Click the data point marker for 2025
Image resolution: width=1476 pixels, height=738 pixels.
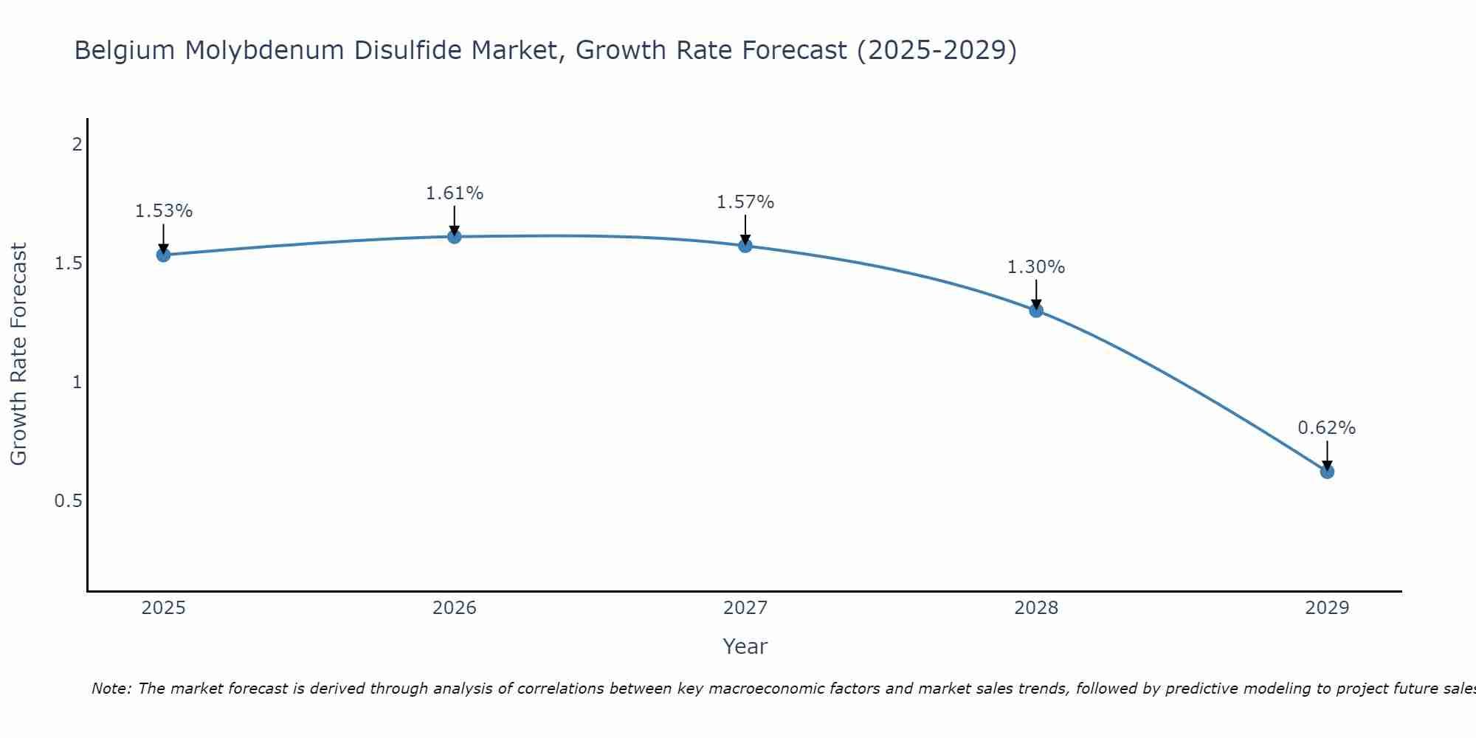163,255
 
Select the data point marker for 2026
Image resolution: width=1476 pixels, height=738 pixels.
455,236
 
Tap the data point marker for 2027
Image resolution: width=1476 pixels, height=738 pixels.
745,245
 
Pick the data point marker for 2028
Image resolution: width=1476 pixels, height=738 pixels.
1036,310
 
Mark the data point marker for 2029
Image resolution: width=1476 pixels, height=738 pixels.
1327,471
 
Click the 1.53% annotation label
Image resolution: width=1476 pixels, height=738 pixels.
163,211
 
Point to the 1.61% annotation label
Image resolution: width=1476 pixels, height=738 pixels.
455,193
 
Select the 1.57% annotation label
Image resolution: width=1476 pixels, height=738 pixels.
745,202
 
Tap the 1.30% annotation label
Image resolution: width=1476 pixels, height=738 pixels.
1036,267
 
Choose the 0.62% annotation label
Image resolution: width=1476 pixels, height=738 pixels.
1327,428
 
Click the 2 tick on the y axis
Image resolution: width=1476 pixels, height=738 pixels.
77,145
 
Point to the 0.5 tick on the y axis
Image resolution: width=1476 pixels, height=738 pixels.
68,501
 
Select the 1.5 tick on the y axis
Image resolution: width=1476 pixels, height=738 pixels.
68,263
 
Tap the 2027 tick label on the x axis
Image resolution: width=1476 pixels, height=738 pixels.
745,608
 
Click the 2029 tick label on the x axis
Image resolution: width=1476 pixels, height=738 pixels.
1327,608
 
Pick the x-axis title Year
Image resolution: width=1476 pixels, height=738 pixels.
745,646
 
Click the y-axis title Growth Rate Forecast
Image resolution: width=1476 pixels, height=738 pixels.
18,354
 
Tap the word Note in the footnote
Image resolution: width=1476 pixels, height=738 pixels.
111,689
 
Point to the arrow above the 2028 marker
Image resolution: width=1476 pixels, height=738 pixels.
1036,294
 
